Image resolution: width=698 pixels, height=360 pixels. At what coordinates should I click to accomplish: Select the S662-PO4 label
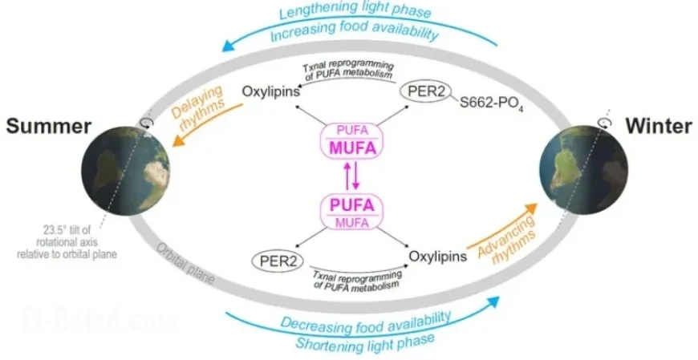pos(491,104)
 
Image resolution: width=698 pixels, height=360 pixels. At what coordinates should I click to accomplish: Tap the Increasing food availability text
pos(353,34)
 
